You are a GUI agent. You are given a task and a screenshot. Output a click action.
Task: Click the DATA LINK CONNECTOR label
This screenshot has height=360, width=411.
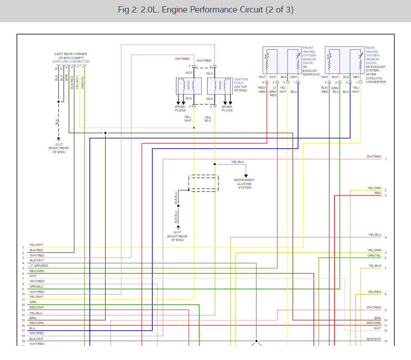point(71,62)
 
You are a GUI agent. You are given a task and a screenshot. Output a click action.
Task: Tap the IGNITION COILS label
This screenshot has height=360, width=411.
point(241,81)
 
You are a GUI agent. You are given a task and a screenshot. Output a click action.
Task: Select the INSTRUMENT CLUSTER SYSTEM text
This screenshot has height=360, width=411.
point(244,184)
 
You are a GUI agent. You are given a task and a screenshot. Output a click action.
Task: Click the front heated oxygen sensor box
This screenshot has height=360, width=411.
point(282,60)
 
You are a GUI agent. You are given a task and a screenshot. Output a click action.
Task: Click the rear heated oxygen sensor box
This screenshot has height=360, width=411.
point(345,60)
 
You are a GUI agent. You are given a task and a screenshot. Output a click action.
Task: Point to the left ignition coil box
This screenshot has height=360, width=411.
point(189,86)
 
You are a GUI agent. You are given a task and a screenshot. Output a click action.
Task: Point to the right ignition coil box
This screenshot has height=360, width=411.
point(220,86)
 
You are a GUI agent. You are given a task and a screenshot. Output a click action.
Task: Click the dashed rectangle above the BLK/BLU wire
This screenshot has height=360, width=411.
point(204,183)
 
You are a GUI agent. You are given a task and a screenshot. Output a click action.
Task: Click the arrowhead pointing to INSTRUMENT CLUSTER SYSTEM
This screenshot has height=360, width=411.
point(246,176)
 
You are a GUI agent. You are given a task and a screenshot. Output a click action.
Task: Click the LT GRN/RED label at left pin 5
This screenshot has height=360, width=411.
point(39,266)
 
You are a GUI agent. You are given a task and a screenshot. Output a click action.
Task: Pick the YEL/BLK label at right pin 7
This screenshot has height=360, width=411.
point(375,266)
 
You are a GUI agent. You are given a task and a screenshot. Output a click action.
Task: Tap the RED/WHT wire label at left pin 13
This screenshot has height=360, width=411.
point(37,307)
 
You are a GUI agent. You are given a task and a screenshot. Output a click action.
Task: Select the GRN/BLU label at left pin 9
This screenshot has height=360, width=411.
point(36,287)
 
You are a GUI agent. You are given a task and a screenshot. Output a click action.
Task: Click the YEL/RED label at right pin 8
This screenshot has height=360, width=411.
point(375,292)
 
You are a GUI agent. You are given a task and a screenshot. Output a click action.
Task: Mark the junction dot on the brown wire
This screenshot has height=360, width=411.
point(105,133)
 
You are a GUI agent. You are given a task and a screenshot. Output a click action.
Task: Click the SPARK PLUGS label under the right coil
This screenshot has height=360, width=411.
point(227,109)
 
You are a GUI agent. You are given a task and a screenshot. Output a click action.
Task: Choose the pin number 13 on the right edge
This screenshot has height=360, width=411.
point(386,341)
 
